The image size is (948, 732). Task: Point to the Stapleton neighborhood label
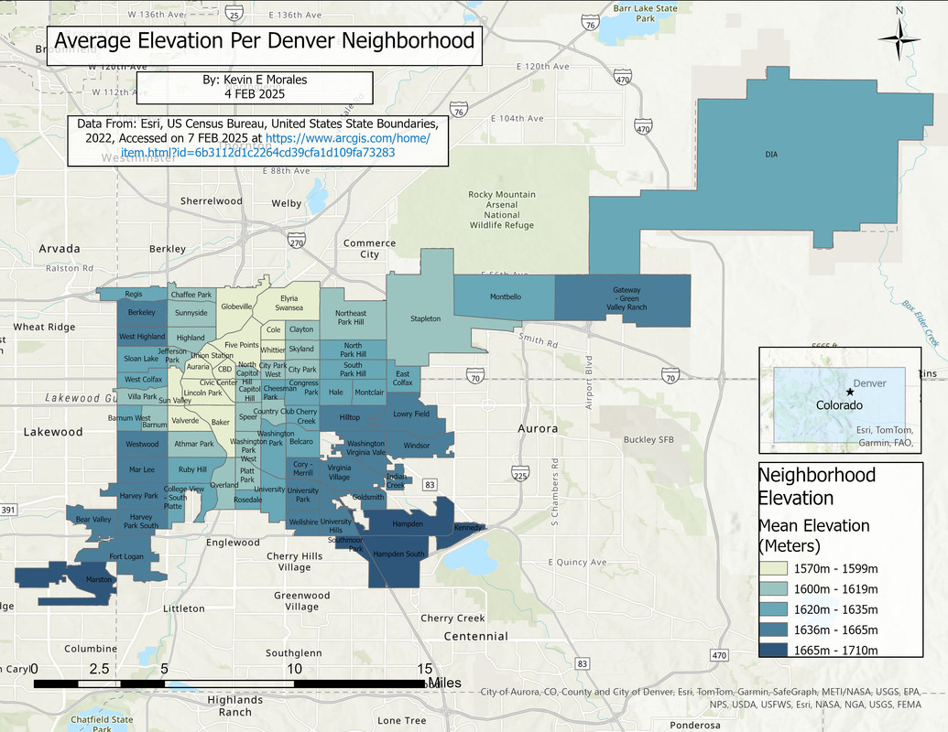[425, 318]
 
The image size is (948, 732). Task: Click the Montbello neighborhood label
[505, 297]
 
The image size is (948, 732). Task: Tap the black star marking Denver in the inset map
[849, 392]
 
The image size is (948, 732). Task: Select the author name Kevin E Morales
[254, 80]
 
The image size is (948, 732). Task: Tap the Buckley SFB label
[648, 440]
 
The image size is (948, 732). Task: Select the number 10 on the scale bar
[294, 669]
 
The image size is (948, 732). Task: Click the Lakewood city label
[52, 432]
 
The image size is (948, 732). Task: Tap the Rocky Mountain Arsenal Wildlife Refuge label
[501, 210]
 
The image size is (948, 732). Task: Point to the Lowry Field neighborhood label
[410, 414]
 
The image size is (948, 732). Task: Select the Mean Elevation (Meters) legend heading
[813, 535]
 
